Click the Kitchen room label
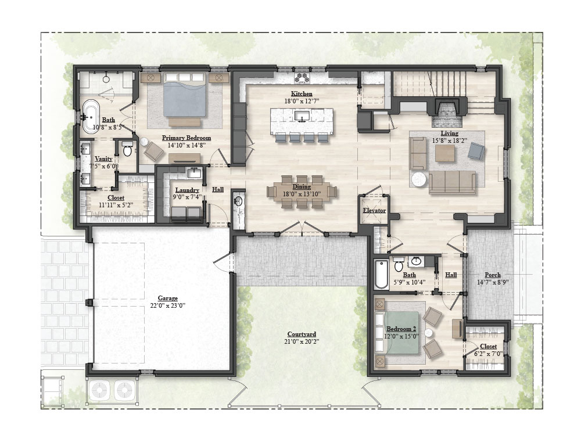(x=302, y=93)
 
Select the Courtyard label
(x=302, y=334)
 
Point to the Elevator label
(x=374, y=210)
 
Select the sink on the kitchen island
(x=302, y=117)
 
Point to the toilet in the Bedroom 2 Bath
(x=399, y=266)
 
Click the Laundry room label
(x=187, y=190)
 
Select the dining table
(x=302, y=192)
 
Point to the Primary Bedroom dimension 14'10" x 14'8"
(x=186, y=145)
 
